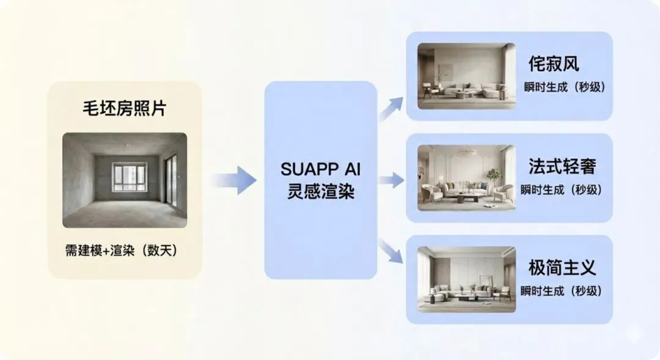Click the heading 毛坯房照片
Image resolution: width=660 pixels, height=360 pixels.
click(x=125, y=109)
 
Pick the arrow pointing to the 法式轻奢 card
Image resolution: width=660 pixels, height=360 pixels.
click(x=392, y=180)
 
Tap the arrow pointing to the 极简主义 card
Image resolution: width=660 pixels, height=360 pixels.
click(x=392, y=251)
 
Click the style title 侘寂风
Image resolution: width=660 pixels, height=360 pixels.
click(x=554, y=64)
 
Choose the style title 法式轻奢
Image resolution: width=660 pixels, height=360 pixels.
click(x=562, y=166)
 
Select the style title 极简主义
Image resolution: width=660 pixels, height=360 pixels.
click(x=562, y=268)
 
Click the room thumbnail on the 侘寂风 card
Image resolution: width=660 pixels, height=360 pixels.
click(x=466, y=75)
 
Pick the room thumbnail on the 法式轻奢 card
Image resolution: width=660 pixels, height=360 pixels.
click(x=466, y=177)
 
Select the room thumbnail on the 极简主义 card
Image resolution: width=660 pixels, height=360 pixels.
click(x=466, y=279)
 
